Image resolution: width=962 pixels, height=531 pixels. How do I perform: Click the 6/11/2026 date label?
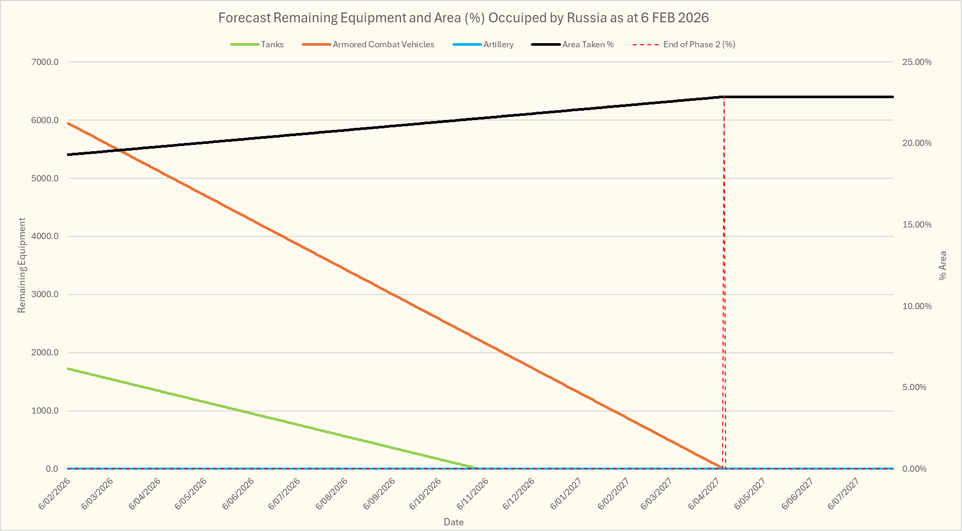pyautogui.click(x=473, y=494)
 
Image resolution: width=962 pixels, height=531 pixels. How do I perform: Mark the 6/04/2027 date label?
pyautogui.click(x=704, y=494)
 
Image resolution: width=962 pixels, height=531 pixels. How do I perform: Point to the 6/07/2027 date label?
pyautogui.click(x=843, y=494)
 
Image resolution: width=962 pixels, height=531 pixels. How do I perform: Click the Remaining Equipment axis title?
pyautogui.click(x=22, y=265)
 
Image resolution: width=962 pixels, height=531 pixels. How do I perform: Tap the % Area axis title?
pyautogui.click(x=943, y=265)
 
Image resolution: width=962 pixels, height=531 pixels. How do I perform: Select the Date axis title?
pyautogui.click(x=453, y=522)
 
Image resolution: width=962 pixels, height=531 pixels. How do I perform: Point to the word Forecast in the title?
pyautogui.click(x=244, y=18)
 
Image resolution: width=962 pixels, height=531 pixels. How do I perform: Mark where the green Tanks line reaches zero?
pyautogui.click(x=477, y=468)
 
